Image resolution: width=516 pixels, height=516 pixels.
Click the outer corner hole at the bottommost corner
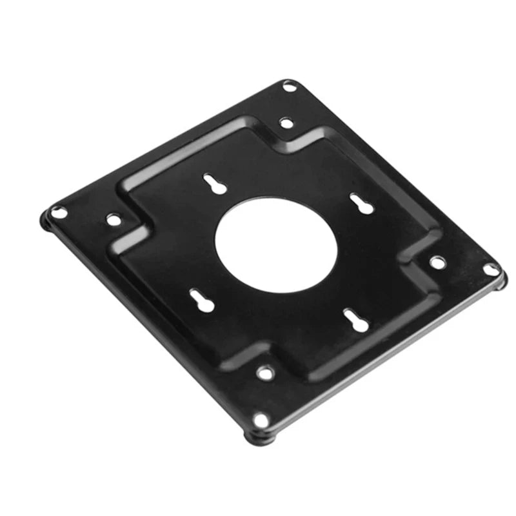[261, 420]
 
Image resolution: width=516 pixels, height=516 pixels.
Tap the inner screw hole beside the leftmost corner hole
[114, 220]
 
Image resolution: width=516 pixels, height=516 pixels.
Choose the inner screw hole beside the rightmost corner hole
[437, 262]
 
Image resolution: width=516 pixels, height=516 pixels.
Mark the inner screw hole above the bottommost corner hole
[264, 372]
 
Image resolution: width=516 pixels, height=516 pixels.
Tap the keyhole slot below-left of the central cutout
[198, 299]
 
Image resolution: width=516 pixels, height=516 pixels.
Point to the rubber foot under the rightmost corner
[502, 279]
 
